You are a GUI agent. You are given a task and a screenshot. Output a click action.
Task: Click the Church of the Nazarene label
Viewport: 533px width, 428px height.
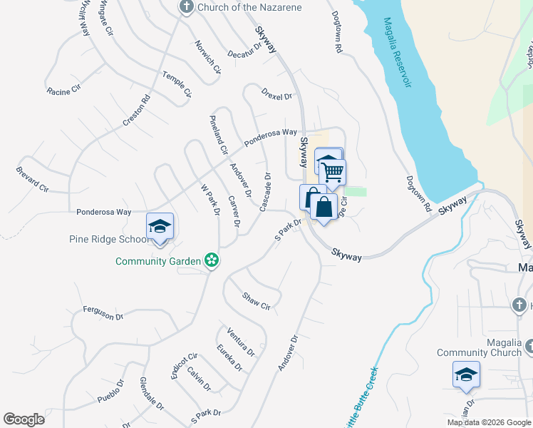[x=249, y=8]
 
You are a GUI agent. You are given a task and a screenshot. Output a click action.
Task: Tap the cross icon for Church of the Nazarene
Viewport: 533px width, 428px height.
[x=187, y=8]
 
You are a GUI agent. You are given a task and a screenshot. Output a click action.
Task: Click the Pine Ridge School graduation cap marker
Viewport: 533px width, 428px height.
[x=160, y=227]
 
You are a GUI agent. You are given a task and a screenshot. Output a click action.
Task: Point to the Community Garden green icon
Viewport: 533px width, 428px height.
[x=211, y=260]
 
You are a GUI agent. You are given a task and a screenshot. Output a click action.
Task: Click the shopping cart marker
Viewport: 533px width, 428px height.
[x=332, y=172]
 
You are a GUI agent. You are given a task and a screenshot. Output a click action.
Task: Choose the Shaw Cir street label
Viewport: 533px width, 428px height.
[x=256, y=301]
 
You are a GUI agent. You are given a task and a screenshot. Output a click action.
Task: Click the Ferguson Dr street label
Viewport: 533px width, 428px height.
[x=103, y=312]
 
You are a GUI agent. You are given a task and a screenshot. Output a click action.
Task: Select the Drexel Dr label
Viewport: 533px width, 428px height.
[x=277, y=95]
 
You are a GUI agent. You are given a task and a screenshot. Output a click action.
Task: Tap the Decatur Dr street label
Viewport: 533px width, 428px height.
[x=245, y=53]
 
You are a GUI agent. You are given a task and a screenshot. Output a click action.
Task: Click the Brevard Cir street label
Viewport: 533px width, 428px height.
[x=32, y=179]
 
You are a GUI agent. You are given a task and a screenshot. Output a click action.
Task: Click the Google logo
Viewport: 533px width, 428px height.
[x=24, y=419]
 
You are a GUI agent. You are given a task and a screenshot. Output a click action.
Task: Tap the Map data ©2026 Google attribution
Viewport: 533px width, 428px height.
[x=488, y=422]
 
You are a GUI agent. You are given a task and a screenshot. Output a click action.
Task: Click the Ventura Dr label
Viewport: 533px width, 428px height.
[x=240, y=341]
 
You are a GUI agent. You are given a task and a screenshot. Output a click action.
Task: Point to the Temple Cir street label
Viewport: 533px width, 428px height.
[x=177, y=83]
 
